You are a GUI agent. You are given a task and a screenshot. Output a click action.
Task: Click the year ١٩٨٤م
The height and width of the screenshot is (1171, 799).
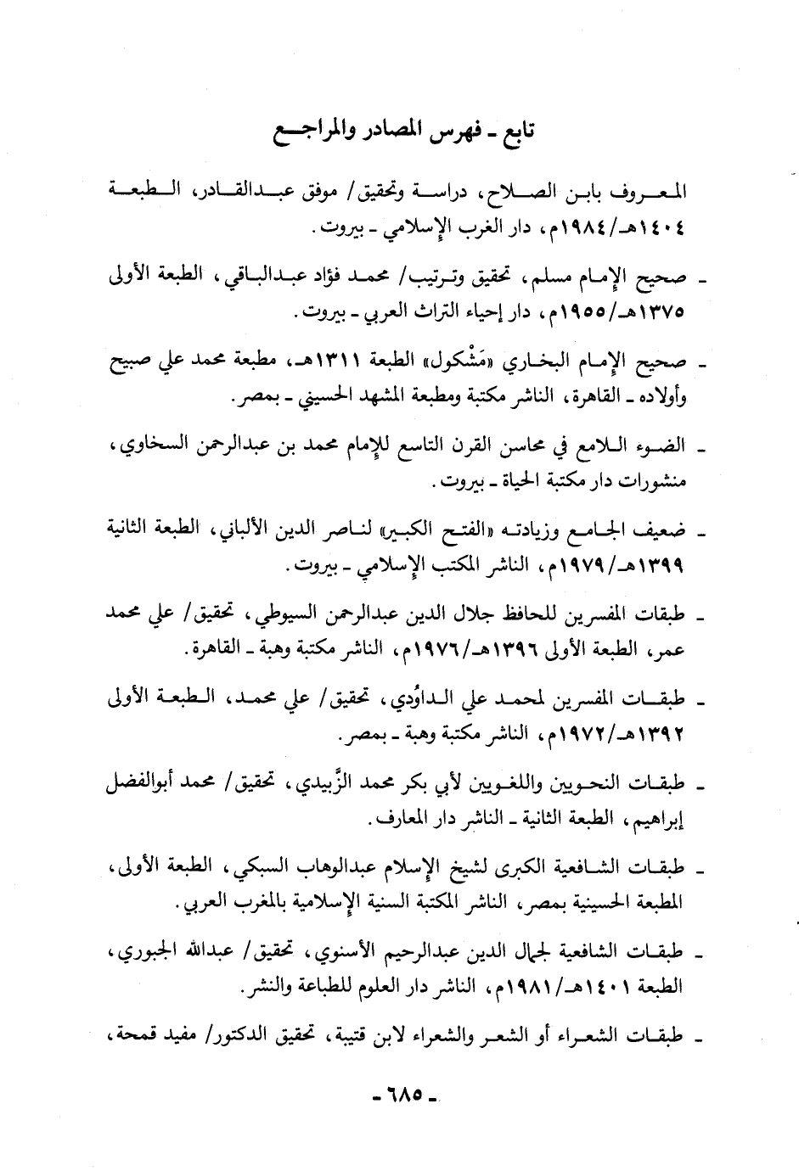point(574,228)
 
